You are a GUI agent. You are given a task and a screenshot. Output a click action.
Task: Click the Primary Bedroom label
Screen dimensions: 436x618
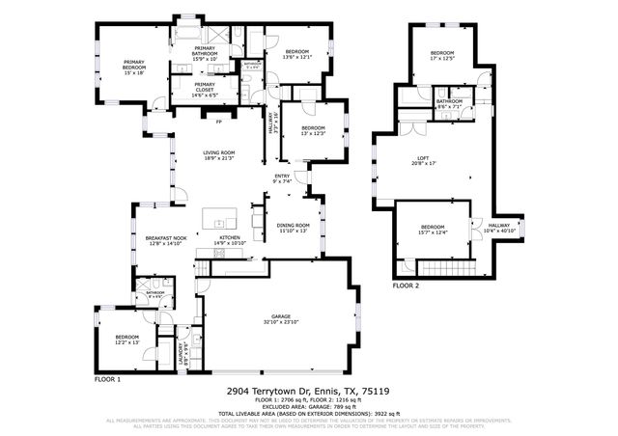click(x=132, y=68)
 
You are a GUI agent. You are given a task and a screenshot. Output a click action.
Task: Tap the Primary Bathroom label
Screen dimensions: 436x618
click(x=207, y=52)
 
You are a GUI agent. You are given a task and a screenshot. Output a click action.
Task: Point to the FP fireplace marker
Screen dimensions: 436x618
click(x=218, y=122)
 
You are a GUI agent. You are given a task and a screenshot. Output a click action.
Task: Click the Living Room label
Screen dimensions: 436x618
click(x=218, y=155)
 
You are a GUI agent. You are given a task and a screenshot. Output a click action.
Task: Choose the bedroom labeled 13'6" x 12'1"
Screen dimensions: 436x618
click(x=295, y=54)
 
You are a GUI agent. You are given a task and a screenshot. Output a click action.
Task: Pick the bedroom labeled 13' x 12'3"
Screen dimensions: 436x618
click(x=313, y=130)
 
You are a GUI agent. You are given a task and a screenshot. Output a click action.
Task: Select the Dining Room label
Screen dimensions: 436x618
click(x=292, y=228)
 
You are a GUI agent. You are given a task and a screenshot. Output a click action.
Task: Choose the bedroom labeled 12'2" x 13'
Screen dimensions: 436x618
click(x=127, y=340)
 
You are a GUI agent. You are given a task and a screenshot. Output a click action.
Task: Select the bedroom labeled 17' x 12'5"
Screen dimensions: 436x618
click(x=442, y=55)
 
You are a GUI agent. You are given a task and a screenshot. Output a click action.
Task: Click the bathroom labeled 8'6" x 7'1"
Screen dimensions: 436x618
click(x=449, y=103)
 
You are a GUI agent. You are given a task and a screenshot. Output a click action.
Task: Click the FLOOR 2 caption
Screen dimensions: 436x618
click(x=406, y=286)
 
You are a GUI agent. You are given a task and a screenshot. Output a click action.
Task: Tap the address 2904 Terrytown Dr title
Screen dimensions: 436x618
click(x=307, y=392)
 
